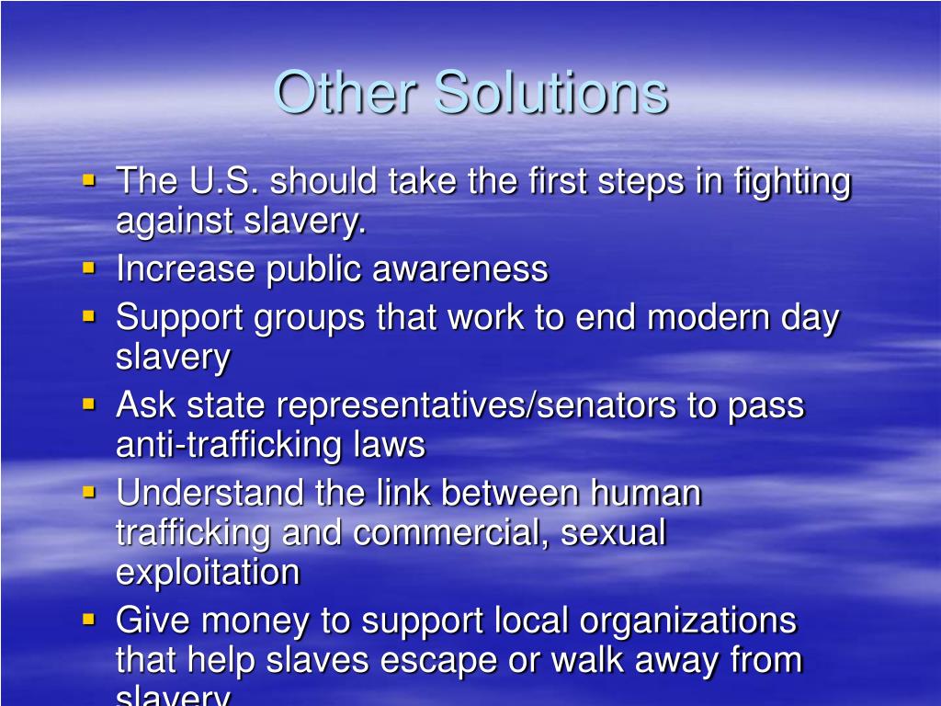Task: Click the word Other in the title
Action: click(x=346, y=92)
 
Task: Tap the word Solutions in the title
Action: click(x=551, y=92)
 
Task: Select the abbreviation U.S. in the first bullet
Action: click(x=224, y=180)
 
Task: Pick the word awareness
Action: click(x=460, y=268)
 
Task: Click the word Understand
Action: click(x=210, y=493)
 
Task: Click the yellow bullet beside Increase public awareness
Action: click(x=89, y=268)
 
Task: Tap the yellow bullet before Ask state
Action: click(x=89, y=404)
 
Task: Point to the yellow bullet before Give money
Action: click(x=89, y=619)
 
